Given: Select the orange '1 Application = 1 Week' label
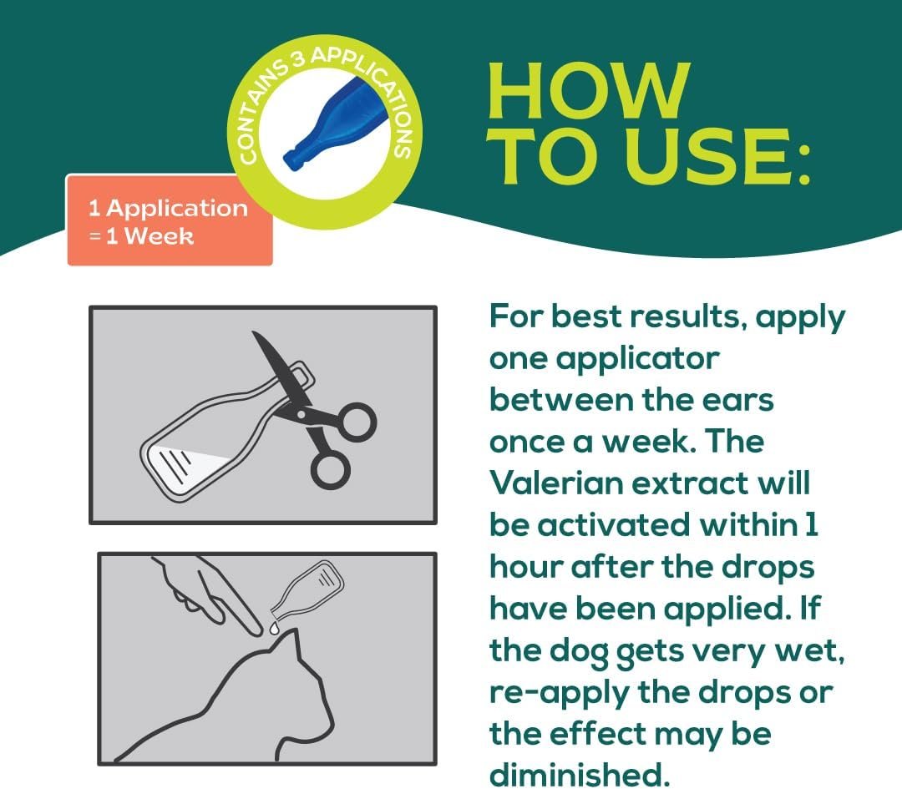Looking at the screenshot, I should (x=170, y=221).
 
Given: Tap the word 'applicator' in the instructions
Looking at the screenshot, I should (x=636, y=358).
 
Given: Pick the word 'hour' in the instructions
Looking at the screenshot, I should (x=524, y=566).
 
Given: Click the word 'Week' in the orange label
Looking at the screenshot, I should (x=159, y=236).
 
